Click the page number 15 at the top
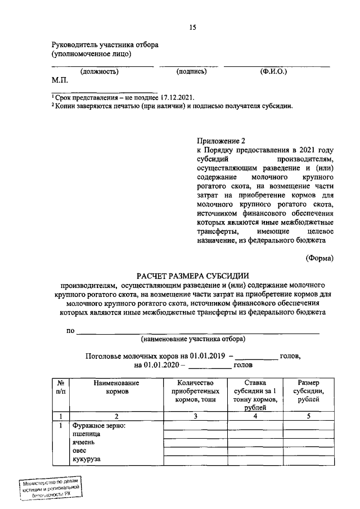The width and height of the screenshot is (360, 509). (192, 27)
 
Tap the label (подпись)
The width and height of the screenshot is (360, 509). (191, 72)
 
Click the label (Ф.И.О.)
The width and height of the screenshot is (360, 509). (273, 72)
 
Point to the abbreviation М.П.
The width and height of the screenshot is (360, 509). (60, 80)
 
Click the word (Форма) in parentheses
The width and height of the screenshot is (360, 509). (319, 258)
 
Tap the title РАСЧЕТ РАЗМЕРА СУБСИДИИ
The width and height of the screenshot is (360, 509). (193, 275)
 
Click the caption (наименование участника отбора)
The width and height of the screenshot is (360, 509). (193, 339)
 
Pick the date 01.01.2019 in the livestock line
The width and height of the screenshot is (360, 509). (207, 356)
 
